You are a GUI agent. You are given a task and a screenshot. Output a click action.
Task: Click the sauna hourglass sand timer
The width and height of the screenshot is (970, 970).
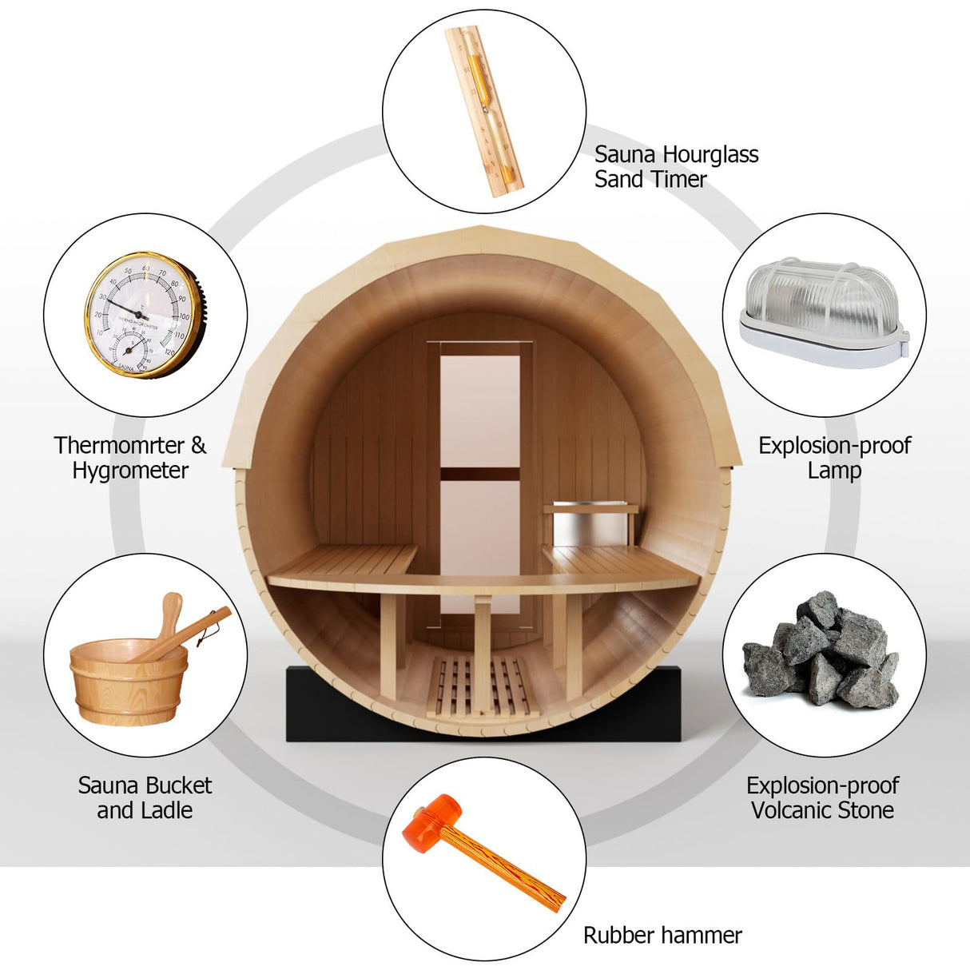tap(484, 111)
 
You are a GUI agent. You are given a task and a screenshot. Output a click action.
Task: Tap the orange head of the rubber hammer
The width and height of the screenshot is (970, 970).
tap(436, 822)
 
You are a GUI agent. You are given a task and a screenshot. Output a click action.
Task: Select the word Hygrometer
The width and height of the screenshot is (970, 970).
tap(130, 471)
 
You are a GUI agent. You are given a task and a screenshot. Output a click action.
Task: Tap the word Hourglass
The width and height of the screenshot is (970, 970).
tap(710, 155)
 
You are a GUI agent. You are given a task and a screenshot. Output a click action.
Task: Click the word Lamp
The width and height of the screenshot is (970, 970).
tap(834, 471)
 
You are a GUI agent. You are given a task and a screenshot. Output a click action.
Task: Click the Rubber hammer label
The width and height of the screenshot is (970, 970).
tap(662, 935)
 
